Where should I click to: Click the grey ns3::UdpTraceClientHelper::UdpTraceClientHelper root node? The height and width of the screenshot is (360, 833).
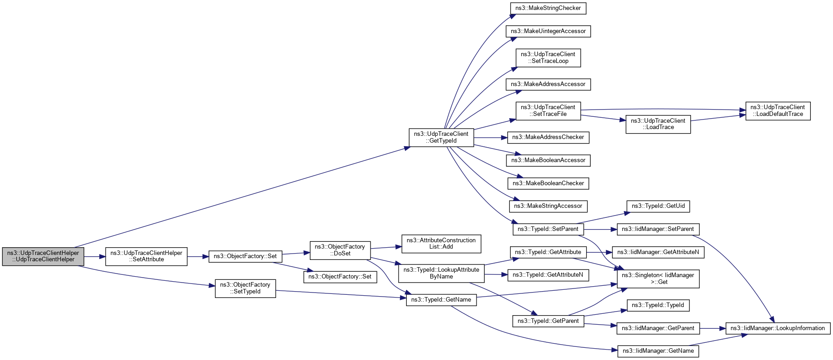[x=43, y=256]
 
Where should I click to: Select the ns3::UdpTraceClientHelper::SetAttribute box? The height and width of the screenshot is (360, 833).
[x=146, y=256]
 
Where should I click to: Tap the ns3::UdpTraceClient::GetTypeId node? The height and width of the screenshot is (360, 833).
[x=441, y=138]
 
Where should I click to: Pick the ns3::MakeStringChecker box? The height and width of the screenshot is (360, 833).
[x=548, y=8]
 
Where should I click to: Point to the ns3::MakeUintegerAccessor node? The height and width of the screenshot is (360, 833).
[x=548, y=31]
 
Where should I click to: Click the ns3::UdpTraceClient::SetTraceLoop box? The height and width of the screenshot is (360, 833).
[x=548, y=58]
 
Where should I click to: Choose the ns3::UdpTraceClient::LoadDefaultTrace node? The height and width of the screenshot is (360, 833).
[x=778, y=111]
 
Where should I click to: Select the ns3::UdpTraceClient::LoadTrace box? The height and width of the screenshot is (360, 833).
[x=658, y=124]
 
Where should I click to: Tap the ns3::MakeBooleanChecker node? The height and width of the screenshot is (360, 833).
[x=548, y=183]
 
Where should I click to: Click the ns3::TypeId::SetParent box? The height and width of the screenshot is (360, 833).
[x=548, y=229]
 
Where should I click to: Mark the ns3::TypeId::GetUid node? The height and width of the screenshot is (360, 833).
[x=658, y=206]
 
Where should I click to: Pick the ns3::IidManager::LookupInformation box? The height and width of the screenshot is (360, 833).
[x=778, y=328]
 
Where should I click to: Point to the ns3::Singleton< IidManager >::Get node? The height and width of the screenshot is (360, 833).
[x=658, y=278]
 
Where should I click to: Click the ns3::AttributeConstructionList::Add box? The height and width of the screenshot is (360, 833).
[x=441, y=244]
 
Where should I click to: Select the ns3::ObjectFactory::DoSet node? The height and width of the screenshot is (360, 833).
[x=340, y=250]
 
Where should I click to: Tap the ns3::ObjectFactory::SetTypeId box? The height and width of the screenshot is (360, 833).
[x=245, y=288]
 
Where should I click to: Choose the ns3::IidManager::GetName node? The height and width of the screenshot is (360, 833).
[x=658, y=351]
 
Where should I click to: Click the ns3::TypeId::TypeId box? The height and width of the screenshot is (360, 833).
[x=658, y=305]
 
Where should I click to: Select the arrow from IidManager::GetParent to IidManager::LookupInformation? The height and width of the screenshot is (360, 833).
[x=713, y=328]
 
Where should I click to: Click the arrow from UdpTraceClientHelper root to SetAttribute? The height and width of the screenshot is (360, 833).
[x=95, y=257]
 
